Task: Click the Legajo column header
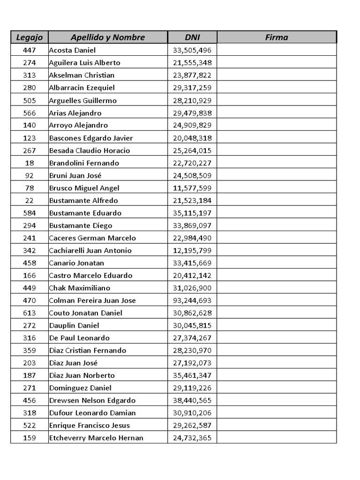coord(30,37)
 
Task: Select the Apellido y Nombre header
coord(108,37)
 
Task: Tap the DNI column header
coord(192,37)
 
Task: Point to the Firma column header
coord(277,37)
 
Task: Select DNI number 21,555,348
coord(192,63)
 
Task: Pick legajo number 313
coord(30,75)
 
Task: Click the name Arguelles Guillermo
coord(83,100)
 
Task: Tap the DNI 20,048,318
coord(192,138)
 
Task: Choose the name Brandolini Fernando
coord(84,163)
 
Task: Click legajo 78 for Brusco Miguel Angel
coord(30,188)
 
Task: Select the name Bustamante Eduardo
coord(85,213)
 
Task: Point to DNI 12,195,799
coord(192,250)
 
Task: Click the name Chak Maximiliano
coord(80,288)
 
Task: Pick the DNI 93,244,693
coord(192,300)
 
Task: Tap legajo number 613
coord(30,313)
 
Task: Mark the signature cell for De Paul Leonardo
coord(277,338)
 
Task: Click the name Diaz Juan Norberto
coord(82,375)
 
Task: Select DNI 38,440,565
coord(192,400)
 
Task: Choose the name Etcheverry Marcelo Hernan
coord(96,438)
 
